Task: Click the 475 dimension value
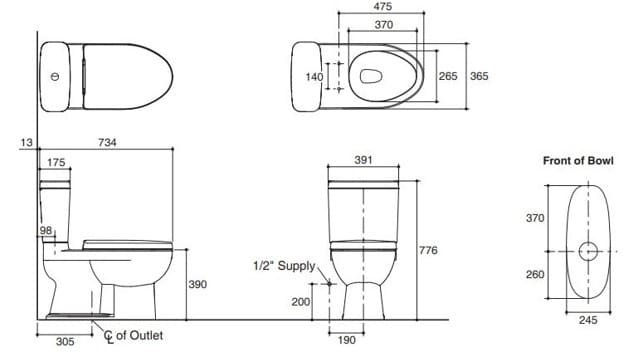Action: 383,7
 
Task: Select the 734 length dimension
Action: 107,143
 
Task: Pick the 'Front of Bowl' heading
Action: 578,160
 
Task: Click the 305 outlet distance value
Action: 63,342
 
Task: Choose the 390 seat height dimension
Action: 198,285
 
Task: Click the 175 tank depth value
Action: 56,162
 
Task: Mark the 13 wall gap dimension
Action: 26,143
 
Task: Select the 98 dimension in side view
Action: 46,231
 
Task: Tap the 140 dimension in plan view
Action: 315,76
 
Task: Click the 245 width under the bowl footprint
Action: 588,320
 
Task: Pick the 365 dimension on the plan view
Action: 478,76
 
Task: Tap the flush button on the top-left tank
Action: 54,76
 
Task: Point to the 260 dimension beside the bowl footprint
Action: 536,273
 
